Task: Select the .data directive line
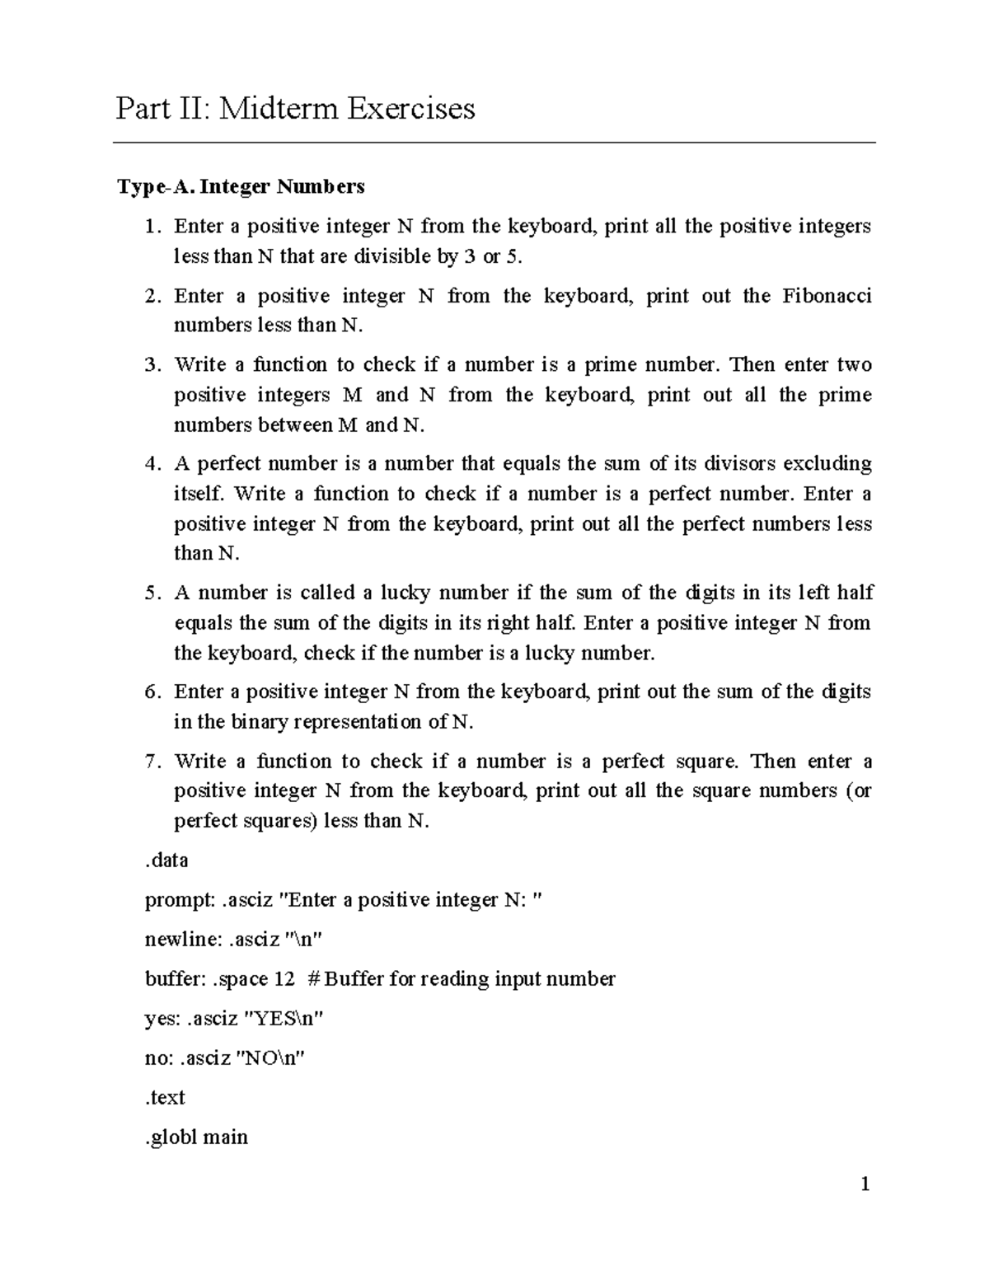pyautogui.click(x=166, y=860)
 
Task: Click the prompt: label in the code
pyautogui.click(x=180, y=900)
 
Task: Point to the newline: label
pyautogui.click(x=181, y=940)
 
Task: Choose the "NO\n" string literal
pyautogui.click(x=271, y=1058)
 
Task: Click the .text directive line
pyautogui.click(x=165, y=1098)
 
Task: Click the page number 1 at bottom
pyautogui.click(x=865, y=1185)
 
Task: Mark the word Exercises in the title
pyautogui.click(x=410, y=108)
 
